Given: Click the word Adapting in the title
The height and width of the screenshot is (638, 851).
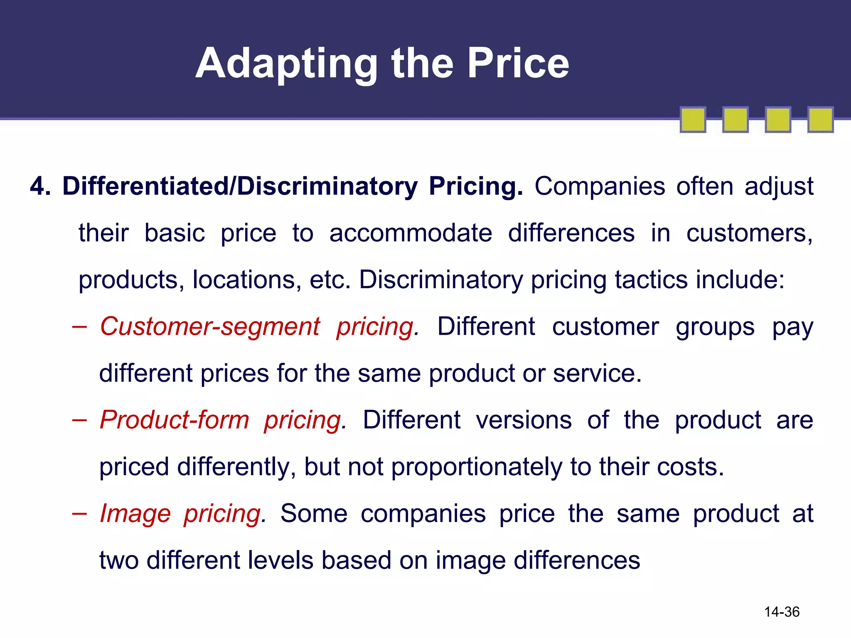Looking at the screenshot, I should point(287,64).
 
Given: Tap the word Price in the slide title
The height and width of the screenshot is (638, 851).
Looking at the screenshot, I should point(518,64).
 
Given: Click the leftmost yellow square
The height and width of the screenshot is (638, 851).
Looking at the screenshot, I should point(693,120).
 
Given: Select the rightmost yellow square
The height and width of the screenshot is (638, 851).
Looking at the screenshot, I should point(820,120).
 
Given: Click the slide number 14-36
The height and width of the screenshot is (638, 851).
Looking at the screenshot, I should point(782,612).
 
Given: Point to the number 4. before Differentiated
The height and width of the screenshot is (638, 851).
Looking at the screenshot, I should point(40,186).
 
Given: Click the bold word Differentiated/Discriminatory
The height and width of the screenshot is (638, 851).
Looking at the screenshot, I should point(240,186).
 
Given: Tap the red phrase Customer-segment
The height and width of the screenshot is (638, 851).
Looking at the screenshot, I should point(210,326).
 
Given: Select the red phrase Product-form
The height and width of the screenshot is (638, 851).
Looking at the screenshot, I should point(175,420).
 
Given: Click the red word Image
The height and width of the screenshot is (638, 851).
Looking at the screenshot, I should point(135,514).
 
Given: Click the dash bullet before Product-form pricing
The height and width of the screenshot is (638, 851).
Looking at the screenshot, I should point(79,420).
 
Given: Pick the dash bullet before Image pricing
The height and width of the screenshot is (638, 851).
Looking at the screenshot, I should point(79,514).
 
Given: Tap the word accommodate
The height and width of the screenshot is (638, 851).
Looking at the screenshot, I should point(411,233).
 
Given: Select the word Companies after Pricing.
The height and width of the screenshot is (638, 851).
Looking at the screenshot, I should point(600,186).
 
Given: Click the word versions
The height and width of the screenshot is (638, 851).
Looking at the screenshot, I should point(524,420).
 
